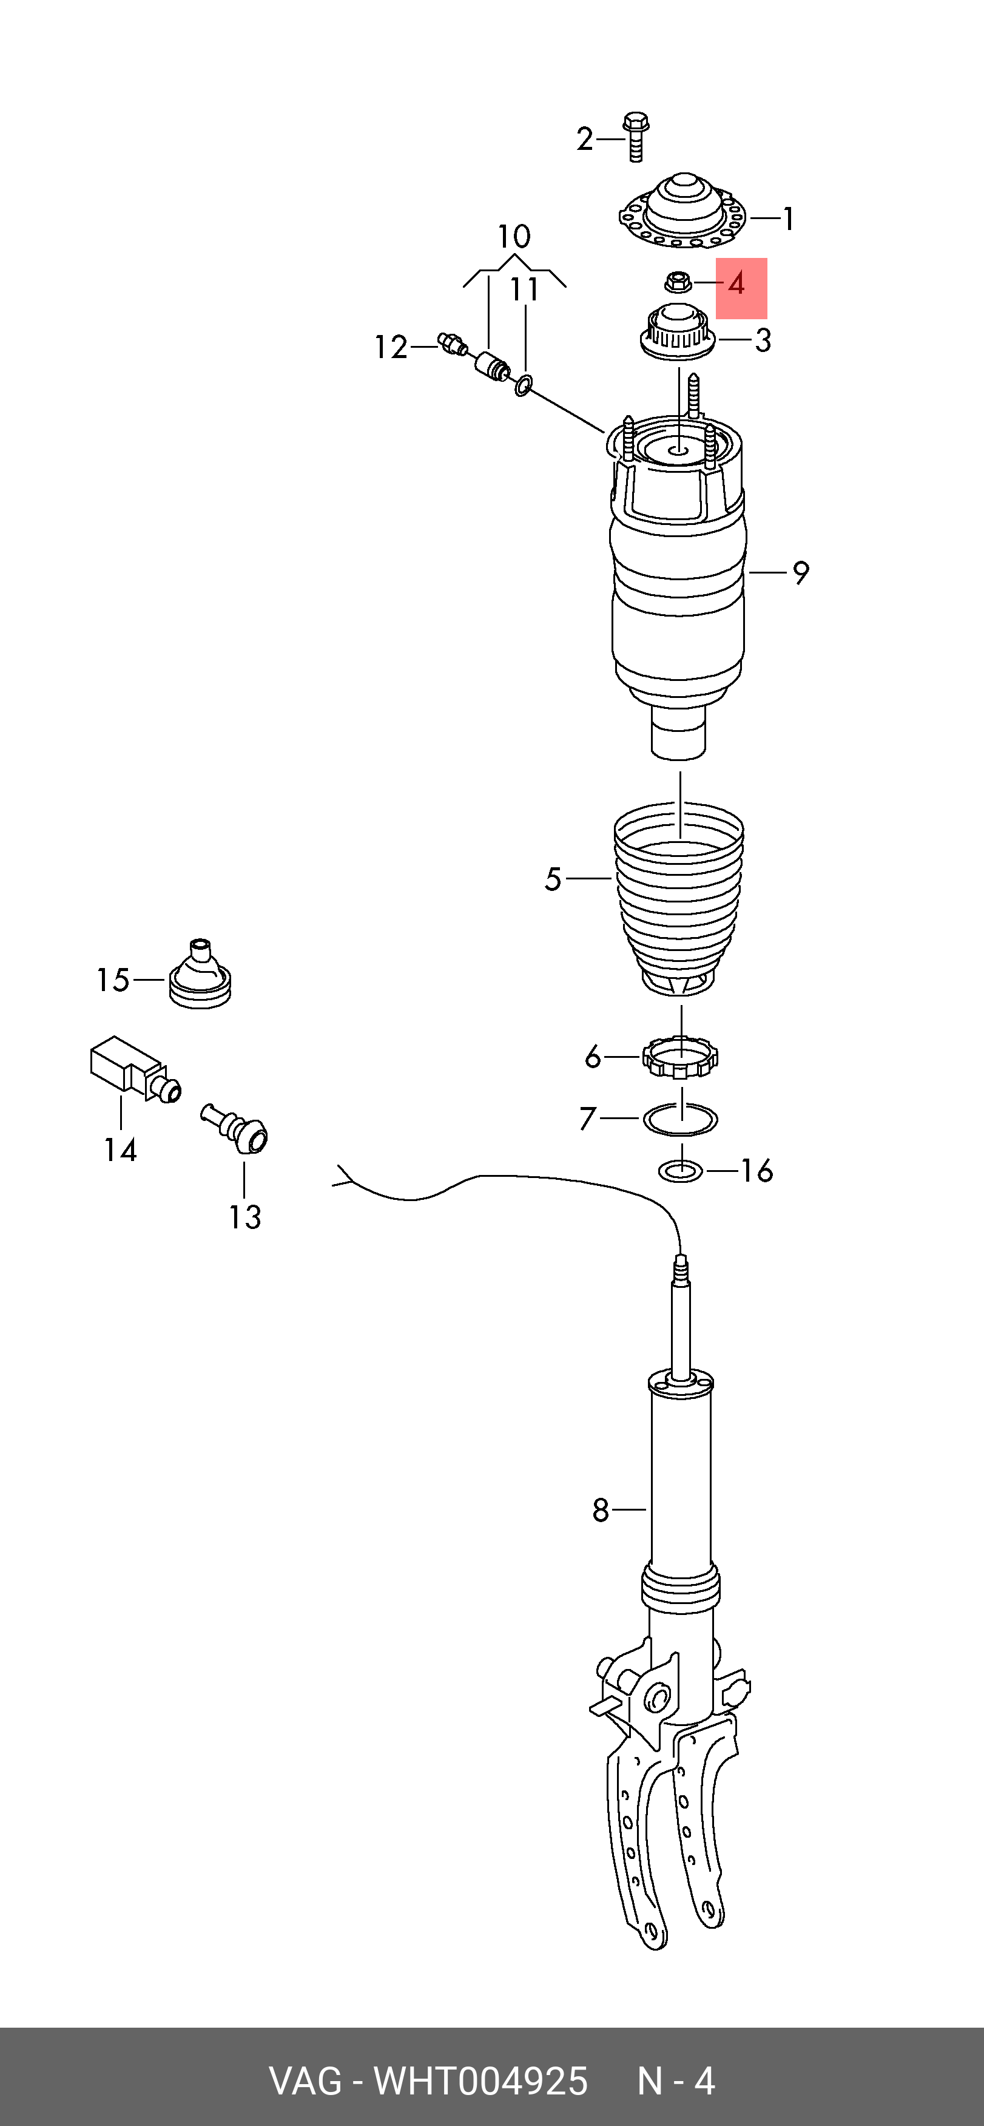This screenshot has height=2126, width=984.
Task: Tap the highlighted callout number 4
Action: click(736, 285)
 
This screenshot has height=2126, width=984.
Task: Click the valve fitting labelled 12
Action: click(452, 344)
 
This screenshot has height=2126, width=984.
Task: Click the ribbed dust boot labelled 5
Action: click(678, 899)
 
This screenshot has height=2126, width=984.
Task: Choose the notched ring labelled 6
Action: click(681, 1057)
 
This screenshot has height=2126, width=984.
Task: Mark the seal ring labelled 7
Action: click(681, 1120)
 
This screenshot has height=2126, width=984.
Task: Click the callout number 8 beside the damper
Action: click(601, 1511)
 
